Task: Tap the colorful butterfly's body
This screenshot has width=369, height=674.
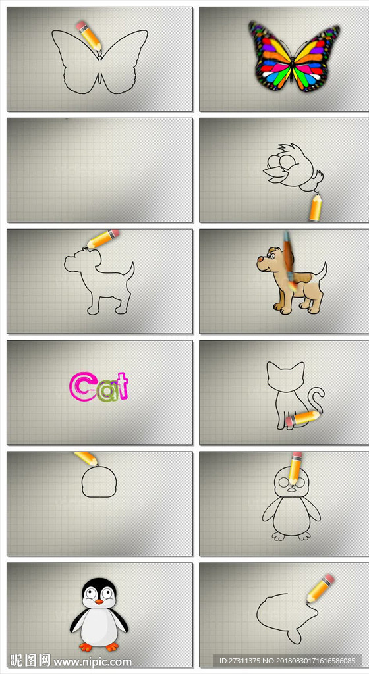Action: (294, 66)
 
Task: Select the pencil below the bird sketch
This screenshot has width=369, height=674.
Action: (316, 207)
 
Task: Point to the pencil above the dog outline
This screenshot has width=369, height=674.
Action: (103, 238)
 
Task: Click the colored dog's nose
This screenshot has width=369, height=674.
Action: (260, 259)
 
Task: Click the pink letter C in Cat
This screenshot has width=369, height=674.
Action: (79, 387)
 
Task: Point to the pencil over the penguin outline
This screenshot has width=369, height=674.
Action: (295, 467)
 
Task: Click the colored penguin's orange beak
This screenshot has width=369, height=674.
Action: (99, 602)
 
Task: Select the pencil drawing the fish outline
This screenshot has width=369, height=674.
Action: (321, 588)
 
